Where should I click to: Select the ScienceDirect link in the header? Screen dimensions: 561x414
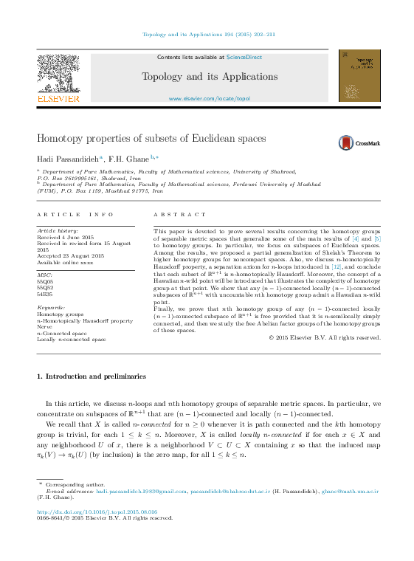pyautogui.click(x=244, y=57)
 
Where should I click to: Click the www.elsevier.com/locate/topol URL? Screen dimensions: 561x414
pyautogui.click(x=210, y=98)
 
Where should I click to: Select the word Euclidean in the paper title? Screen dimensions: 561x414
pyautogui.click(x=184, y=139)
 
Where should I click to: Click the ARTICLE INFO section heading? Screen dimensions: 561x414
pyautogui.click(x=75, y=214)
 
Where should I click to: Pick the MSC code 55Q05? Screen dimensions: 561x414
pyautogui.click(x=45, y=281)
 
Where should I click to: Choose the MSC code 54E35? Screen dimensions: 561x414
pyautogui.click(x=45, y=293)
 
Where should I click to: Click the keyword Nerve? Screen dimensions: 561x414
pyautogui.click(x=45, y=327)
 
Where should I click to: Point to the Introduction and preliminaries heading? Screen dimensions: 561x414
pyautogui.click(x=92, y=376)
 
